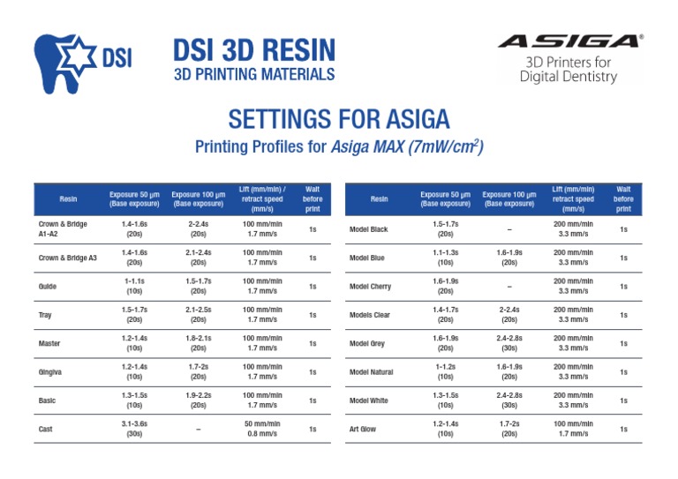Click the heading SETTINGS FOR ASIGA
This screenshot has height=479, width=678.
[339, 119]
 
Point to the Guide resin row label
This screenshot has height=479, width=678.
[49, 287]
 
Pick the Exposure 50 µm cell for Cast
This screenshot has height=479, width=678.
[134, 430]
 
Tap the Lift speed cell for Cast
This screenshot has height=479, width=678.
[262, 430]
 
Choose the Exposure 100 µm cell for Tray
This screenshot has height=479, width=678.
[199, 315]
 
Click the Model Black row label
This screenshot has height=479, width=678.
[368, 230]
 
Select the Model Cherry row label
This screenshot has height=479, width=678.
[370, 287]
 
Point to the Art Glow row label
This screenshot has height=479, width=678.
[363, 430]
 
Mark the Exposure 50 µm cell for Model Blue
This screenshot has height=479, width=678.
[445, 258]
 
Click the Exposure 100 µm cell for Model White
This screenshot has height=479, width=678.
[509, 400]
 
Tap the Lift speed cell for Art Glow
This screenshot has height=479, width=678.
[573, 430]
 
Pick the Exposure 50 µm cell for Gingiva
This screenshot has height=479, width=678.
[134, 372]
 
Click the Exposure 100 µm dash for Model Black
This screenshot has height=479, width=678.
[509, 230]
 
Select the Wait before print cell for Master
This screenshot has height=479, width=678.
[313, 343]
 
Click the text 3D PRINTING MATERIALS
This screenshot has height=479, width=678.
[253, 74]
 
